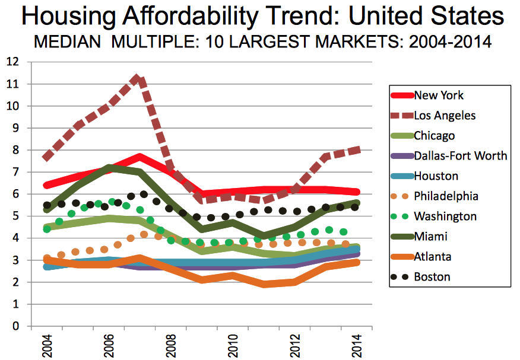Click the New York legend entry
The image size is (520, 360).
[439, 95]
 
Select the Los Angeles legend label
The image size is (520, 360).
[445, 115]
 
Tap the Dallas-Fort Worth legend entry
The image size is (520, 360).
[461, 155]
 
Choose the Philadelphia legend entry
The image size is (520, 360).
[446, 196]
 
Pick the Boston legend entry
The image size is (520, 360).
[432, 276]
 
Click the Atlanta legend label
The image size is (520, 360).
[433, 256]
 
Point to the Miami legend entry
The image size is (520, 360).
[430, 236]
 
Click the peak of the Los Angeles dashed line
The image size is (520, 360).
[138, 78]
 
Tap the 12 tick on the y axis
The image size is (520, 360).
[12, 62]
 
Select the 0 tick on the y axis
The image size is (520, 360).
[15, 326]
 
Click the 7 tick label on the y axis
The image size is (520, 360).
[15, 172]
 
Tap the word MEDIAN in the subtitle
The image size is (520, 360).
[61, 43]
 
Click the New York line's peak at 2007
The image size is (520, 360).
[138, 158]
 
